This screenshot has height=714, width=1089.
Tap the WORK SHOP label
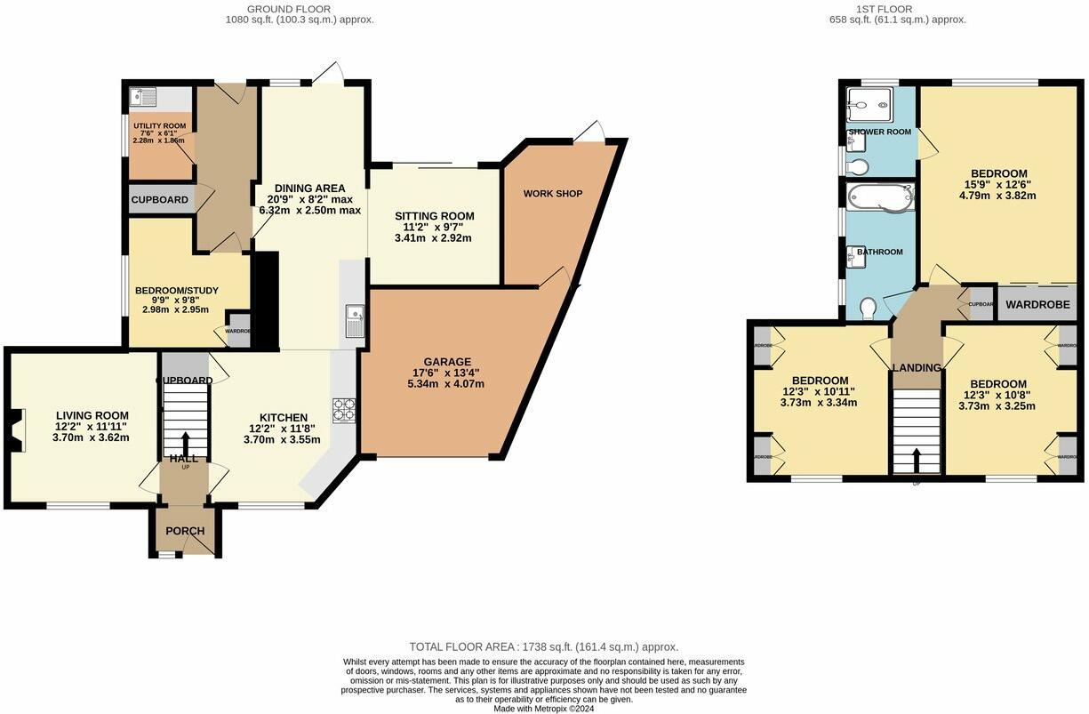point(552,193)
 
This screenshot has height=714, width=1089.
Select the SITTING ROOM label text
point(434,216)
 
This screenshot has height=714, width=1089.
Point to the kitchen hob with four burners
point(344,410)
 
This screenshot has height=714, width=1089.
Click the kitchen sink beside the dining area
point(355,318)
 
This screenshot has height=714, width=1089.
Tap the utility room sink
point(141,96)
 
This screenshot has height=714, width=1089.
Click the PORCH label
point(185,531)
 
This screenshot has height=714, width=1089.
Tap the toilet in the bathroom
point(868,307)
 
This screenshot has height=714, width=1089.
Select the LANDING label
point(917,367)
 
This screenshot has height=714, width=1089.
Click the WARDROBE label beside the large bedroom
point(1037,304)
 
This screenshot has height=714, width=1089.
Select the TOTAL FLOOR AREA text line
point(543,647)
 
